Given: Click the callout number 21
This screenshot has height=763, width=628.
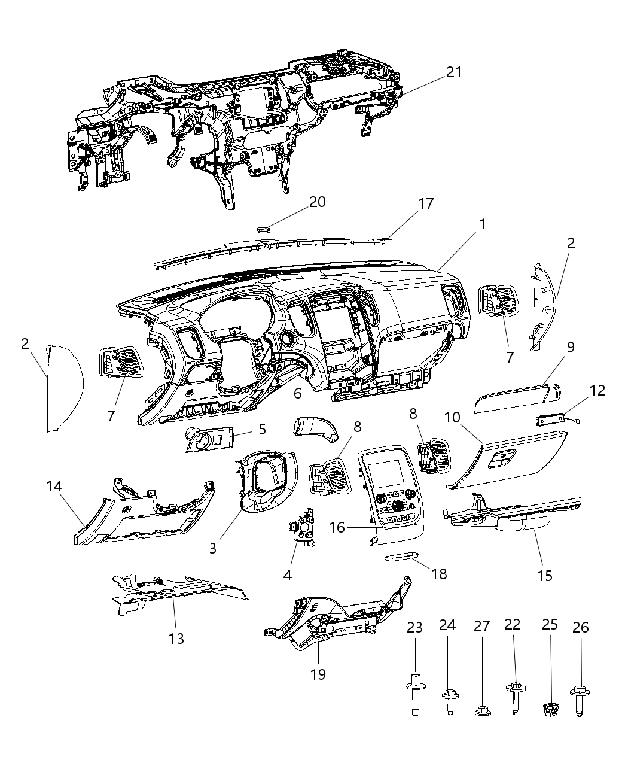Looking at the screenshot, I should point(454,72).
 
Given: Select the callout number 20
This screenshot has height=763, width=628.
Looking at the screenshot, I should point(318,202).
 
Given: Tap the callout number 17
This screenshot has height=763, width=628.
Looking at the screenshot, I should point(425,203).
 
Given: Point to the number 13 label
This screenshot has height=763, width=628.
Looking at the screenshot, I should point(176,639).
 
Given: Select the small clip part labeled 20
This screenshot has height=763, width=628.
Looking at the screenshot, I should point(264,228).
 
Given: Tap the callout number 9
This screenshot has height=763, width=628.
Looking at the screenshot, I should point(571,348).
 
